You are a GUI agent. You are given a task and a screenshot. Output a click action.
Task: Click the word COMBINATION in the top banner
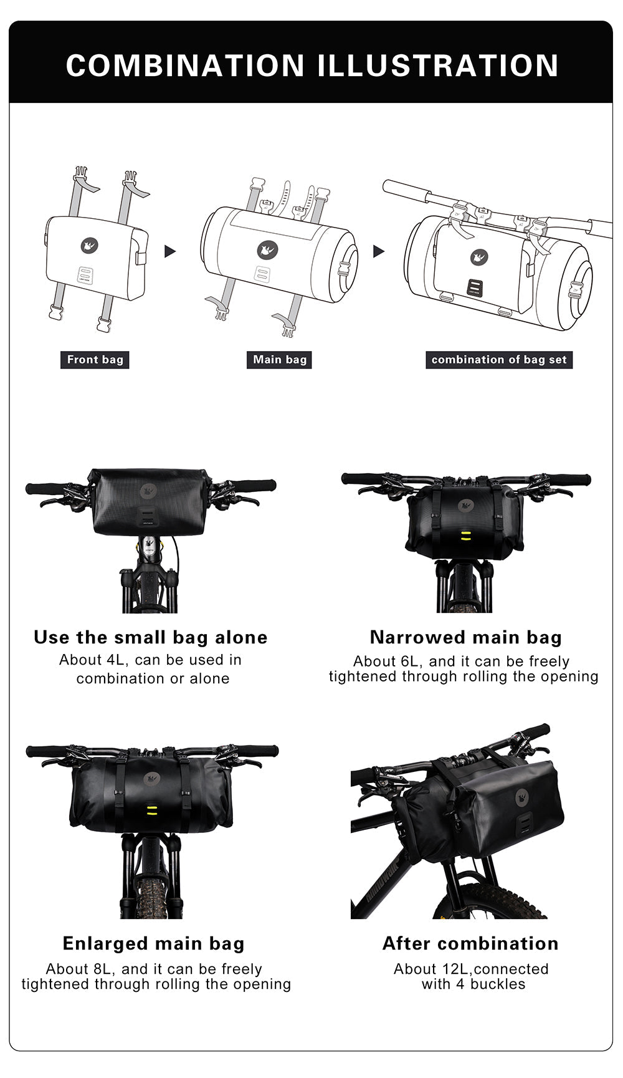click(185, 65)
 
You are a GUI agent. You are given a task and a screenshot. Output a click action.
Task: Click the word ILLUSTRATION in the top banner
click(439, 65)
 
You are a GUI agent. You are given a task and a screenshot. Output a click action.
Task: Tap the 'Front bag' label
click(95, 360)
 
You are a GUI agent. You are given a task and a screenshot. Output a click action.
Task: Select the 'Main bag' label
click(280, 360)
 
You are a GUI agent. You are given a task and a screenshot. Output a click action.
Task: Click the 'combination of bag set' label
click(499, 360)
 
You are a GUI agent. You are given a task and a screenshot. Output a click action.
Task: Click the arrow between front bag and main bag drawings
click(170, 251)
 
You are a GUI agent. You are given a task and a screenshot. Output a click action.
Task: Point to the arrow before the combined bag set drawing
click(379, 251)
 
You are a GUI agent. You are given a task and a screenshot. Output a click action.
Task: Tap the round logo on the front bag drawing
click(90, 246)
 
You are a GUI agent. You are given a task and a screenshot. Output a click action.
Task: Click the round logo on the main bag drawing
click(268, 251)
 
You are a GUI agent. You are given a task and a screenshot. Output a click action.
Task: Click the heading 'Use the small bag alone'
click(151, 637)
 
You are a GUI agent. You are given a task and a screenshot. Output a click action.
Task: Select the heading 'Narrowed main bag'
click(465, 637)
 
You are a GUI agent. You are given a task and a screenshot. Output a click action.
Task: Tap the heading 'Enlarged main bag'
click(153, 943)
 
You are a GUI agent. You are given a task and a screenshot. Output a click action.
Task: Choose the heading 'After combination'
click(470, 943)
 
